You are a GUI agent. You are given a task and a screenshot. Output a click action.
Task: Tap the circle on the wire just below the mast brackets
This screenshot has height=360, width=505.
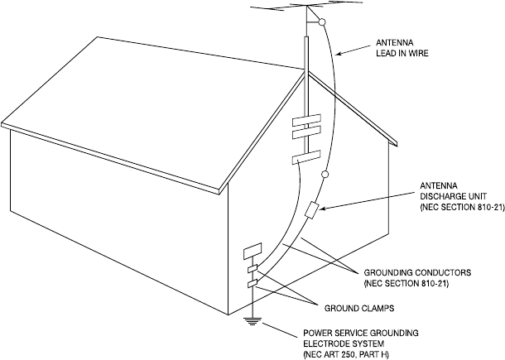click(x=325, y=175)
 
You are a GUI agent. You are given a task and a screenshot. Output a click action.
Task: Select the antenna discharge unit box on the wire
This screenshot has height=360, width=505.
click(x=311, y=210)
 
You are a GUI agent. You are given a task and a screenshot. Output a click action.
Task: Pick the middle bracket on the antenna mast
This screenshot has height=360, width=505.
click(x=305, y=132)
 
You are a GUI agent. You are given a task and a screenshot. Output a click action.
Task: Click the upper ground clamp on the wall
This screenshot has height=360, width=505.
click(x=252, y=269)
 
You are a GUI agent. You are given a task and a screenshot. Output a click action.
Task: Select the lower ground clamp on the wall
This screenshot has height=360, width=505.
click(x=252, y=284)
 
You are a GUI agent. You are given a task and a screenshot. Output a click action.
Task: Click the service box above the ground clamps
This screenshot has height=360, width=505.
click(x=251, y=250)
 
